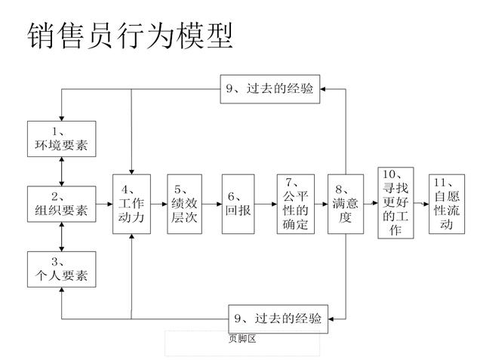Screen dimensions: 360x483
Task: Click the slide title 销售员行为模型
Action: [x=129, y=35]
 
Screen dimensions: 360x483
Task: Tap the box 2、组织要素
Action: [x=61, y=204]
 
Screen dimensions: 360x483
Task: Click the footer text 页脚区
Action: [x=242, y=339]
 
